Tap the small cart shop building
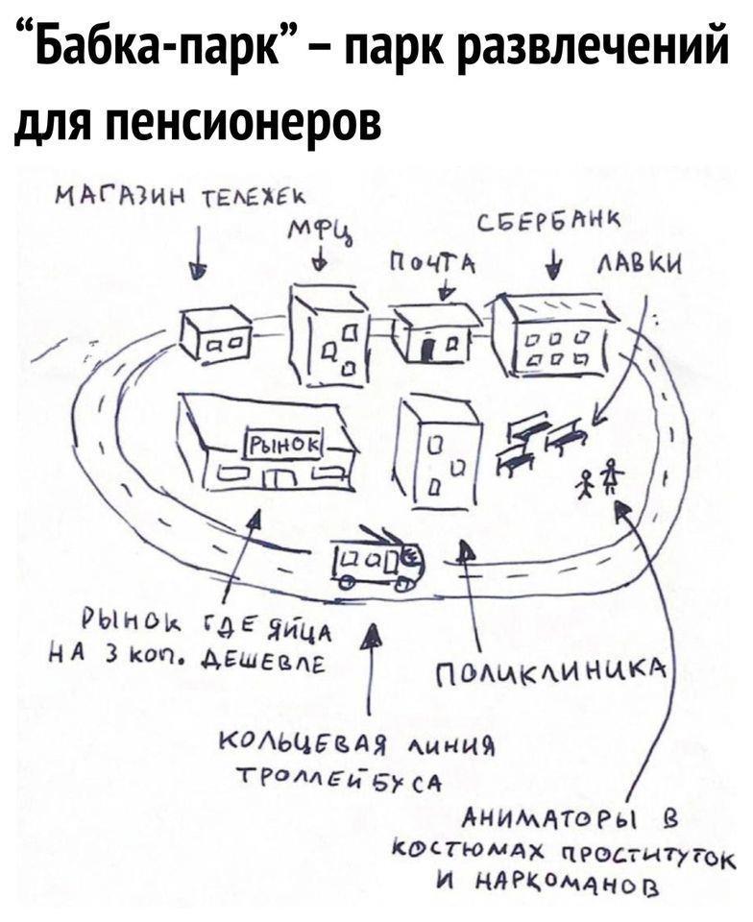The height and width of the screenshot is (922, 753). coord(216,334)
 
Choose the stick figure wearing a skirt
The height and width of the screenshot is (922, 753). coord(610,475)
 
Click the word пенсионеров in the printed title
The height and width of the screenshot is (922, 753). coord(245,121)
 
